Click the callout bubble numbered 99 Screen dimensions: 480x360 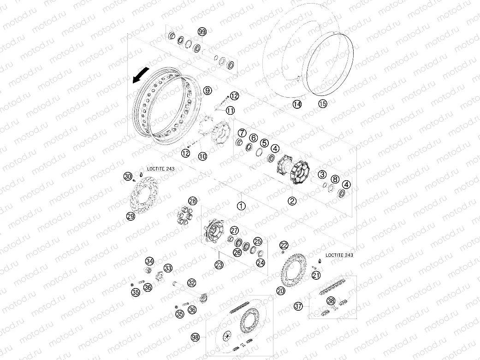(202, 32)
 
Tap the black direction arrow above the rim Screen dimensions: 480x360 (141, 75)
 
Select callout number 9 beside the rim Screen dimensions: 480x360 (207, 90)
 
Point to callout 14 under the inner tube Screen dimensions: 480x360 (297, 104)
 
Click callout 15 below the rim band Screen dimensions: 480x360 (323, 103)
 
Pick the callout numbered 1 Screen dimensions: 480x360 (242, 206)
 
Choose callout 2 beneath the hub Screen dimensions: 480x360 (292, 201)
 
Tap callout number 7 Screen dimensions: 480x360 (242, 133)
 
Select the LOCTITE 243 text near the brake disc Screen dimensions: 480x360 (161, 169)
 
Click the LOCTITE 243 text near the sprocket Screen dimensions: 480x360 (339, 255)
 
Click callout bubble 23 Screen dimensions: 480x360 (219, 265)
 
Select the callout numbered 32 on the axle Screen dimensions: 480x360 (192, 283)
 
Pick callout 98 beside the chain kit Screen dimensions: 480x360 (196, 337)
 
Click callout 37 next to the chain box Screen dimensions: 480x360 (298, 306)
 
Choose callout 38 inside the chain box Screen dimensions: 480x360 (331, 301)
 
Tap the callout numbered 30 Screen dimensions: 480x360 (128, 176)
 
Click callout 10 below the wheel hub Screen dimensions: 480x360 (202, 156)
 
